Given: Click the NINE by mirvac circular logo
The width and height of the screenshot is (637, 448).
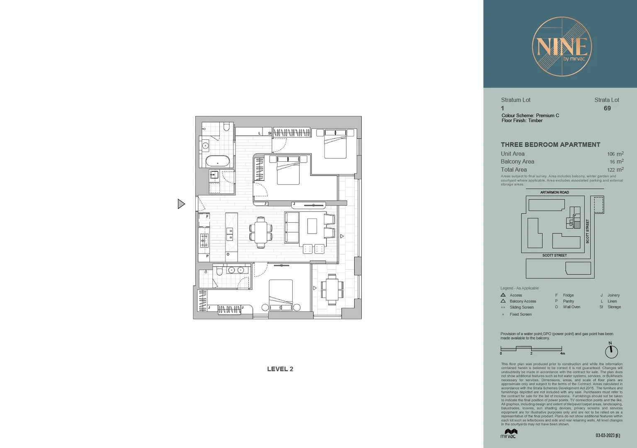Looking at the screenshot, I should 562,46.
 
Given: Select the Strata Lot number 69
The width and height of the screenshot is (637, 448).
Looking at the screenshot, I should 607,108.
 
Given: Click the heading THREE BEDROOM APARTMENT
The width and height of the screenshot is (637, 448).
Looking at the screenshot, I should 550,145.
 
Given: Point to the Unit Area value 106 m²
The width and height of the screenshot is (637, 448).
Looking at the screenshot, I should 615,154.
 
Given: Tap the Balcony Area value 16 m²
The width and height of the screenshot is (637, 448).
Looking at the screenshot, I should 616,162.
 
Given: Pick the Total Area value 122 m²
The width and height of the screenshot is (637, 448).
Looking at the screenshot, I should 615,170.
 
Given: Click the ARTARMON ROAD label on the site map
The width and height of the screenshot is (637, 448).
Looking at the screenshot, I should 554,192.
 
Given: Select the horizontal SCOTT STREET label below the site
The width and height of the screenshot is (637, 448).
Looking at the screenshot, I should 554,256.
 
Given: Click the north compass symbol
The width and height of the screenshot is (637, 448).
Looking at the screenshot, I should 611,351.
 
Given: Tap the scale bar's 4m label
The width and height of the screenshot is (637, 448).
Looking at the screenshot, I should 562,353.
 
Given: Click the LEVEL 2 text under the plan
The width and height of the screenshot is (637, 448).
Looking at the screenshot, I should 280,369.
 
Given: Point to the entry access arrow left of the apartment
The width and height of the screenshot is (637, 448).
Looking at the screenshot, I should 181,204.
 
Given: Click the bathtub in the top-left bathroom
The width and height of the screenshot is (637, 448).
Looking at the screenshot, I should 217,161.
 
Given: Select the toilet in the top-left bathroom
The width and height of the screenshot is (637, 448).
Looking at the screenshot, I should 226,127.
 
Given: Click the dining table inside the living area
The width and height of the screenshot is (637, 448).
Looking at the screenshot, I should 261,233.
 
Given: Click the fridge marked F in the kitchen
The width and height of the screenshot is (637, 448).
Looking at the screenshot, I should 204,219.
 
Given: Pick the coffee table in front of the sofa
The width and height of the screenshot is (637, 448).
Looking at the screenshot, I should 312,226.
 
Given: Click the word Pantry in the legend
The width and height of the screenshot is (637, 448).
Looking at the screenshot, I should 568,301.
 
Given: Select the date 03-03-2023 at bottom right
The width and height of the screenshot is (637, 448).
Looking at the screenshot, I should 605,436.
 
